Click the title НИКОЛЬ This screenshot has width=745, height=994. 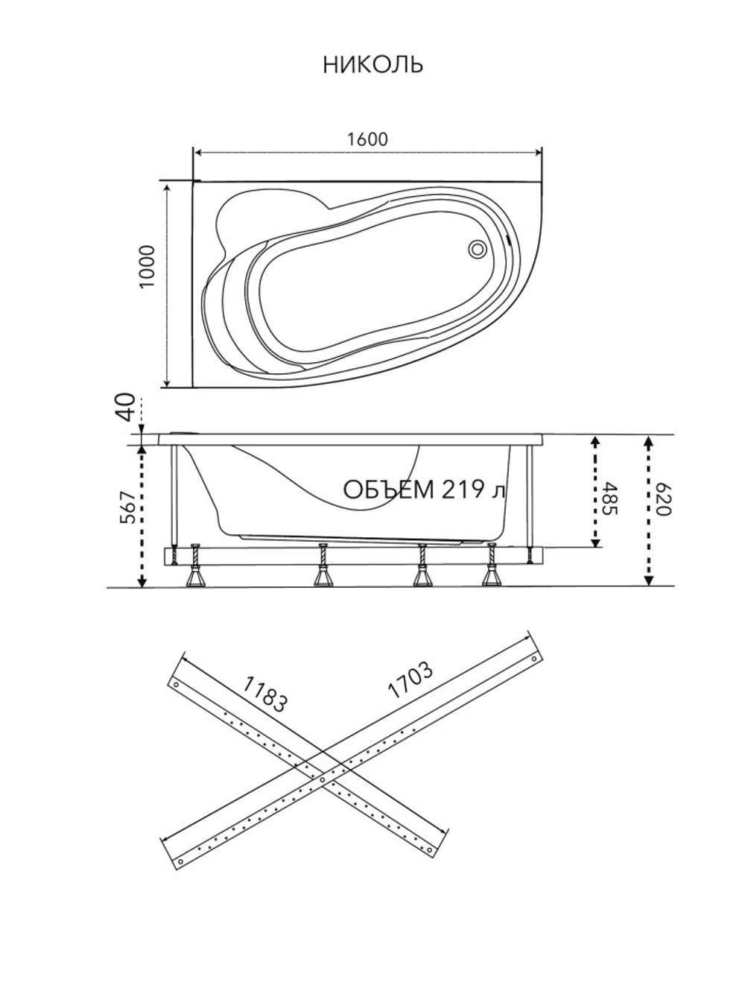[373, 65]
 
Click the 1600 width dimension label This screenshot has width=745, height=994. [367, 139]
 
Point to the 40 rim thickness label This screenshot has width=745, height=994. [127, 407]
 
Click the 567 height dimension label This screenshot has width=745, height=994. [128, 507]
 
